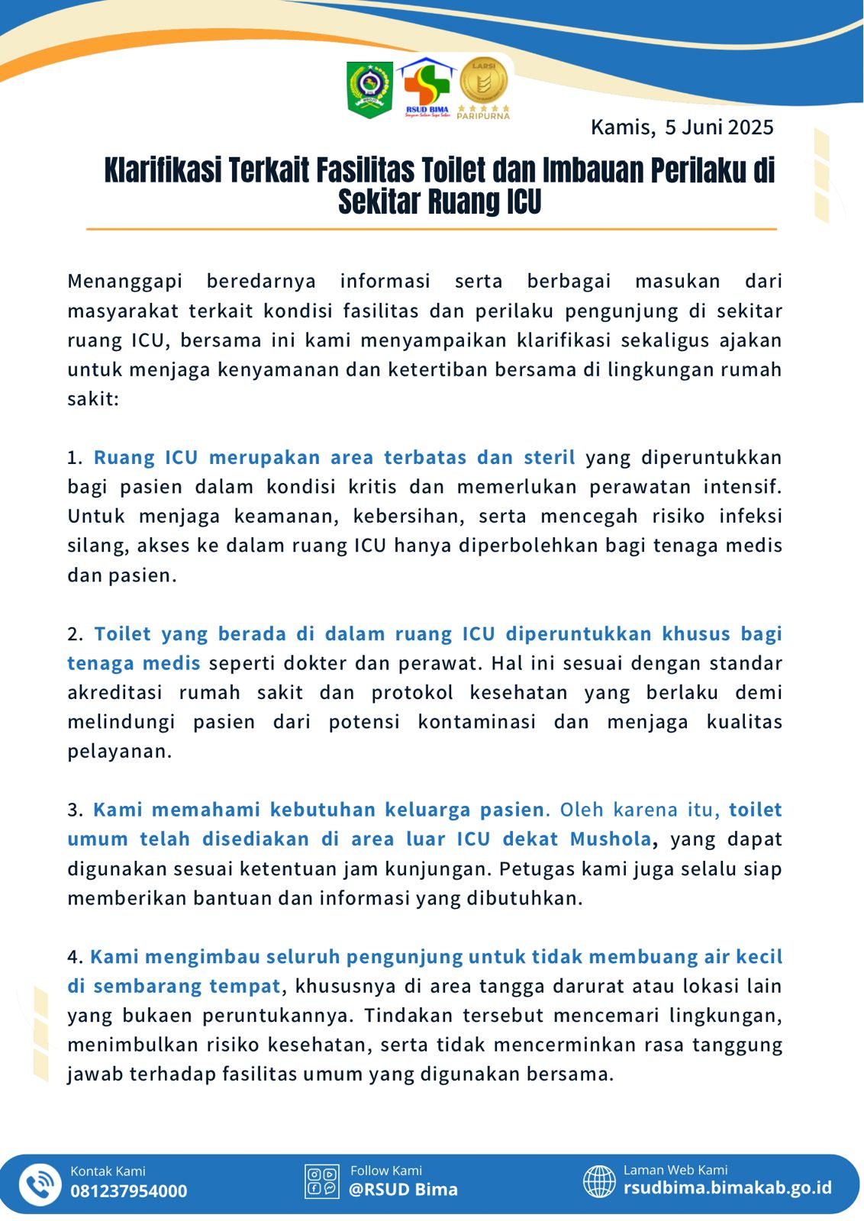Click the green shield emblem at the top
370,89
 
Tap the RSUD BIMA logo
427,88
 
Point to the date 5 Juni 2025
719,127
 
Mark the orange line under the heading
431,228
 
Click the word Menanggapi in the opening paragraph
124,281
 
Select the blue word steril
549,457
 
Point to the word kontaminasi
476,722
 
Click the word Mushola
611,839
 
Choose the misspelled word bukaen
165,1016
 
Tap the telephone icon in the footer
40,1184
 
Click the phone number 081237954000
128,1191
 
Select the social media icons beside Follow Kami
321,1181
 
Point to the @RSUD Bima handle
403,1190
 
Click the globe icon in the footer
599,1181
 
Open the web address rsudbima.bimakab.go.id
727,1188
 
